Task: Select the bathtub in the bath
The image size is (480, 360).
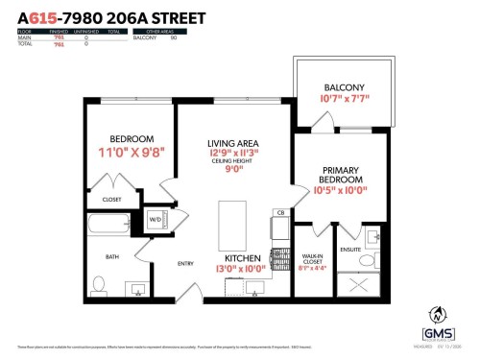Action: pyautogui.click(x=108, y=226)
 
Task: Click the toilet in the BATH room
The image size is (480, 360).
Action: pyautogui.click(x=99, y=286)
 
